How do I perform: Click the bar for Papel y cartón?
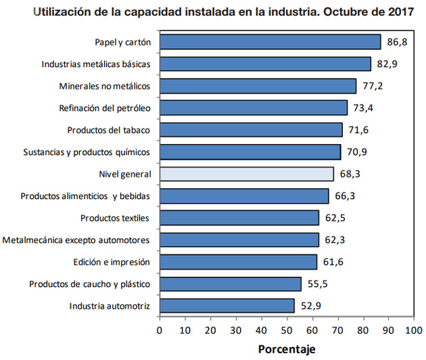(270, 42)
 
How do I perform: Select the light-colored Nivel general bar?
(247, 174)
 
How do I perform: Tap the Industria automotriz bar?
(227, 306)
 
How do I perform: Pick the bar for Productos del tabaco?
(251, 130)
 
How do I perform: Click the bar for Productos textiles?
(239, 218)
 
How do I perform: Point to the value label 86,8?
(398, 42)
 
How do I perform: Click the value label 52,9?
(311, 306)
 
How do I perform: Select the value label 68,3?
(350, 174)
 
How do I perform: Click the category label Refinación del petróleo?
(104, 108)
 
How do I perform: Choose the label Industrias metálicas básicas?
(95, 64)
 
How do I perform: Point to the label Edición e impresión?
(111, 262)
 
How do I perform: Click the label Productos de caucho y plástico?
(89, 284)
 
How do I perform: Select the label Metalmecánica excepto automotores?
(76, 240)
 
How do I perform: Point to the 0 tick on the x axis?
(160, 330)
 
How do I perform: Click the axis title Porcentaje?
(287, 349)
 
